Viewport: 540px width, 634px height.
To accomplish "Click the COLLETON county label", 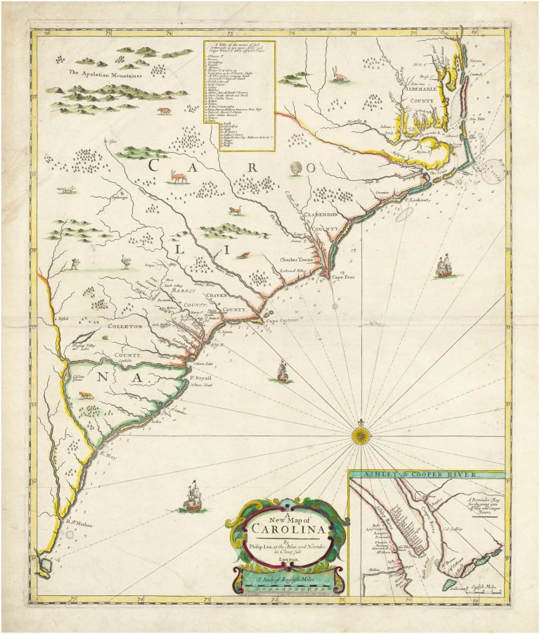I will click(x=125, y=326).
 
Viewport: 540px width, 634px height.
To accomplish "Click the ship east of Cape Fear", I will click(x=444, y=267).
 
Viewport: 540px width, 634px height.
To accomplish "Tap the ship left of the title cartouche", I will click(x=193, y=497).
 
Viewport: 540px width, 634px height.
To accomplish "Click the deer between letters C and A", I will click(x=180, y=177).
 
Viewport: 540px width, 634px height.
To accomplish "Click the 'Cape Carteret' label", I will click(x=281, y=320).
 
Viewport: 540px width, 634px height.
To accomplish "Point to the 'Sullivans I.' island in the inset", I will click(x=449, y=582).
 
